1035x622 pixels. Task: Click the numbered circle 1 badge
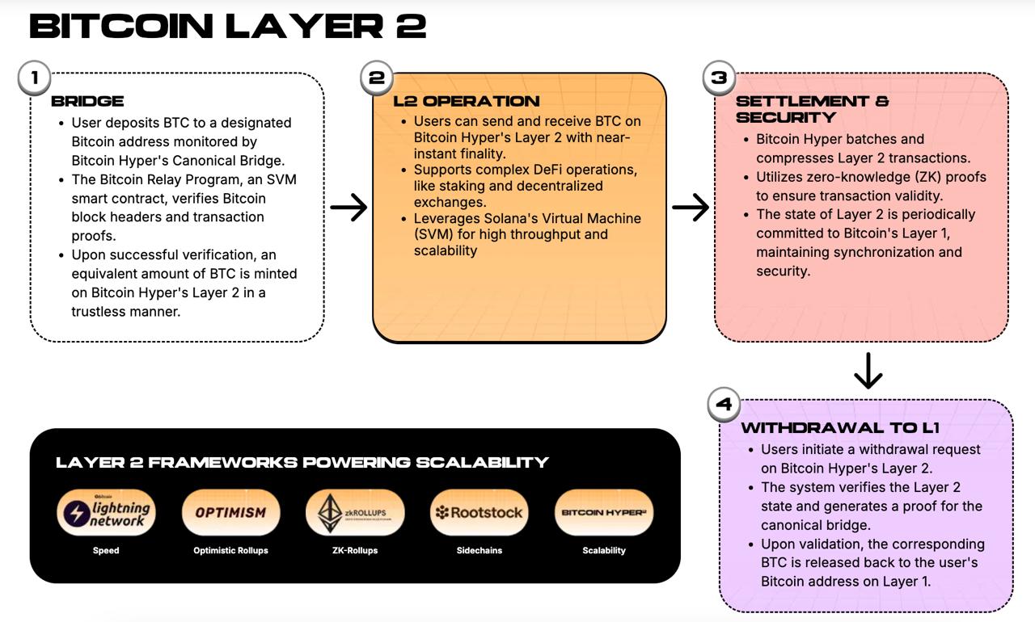point(34,78)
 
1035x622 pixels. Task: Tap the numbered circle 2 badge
point(377,78)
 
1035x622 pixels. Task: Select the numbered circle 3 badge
point(719,78)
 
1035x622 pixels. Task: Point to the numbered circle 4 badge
point(724,404)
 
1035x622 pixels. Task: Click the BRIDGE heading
point(87,101)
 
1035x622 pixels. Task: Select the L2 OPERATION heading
point(467,101)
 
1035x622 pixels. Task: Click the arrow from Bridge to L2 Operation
point(349,208)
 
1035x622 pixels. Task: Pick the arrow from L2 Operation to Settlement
point(691,208)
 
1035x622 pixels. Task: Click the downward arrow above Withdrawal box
point(868,371)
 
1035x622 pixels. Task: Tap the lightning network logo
point(106,512)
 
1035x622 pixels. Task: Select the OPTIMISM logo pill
point(230,512)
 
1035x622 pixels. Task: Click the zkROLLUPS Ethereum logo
point(354,512)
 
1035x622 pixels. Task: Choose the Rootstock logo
point(479,512)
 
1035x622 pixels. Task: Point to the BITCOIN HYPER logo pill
point(603,512)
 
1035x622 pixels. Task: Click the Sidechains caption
point(479,551)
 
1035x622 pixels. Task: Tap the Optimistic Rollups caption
point(230,551)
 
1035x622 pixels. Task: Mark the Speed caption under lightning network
point(106,551)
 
